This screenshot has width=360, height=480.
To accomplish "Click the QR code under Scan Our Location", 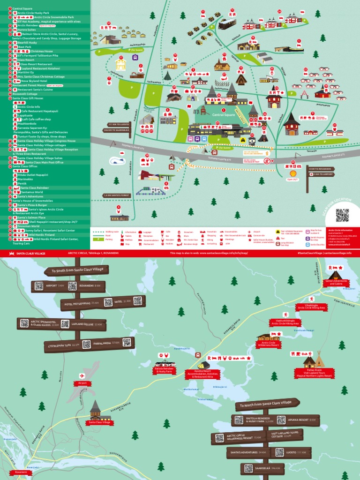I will (x=342, y=215).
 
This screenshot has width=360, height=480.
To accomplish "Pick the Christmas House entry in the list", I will (x=42, y=51).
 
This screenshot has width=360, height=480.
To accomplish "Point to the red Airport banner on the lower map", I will (x=80, y=383).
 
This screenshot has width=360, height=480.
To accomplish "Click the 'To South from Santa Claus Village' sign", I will (x=76, y=270).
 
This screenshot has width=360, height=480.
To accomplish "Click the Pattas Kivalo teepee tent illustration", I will (x=319, y=360).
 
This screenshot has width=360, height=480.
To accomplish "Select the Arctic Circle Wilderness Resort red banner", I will (x=269, y=345).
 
